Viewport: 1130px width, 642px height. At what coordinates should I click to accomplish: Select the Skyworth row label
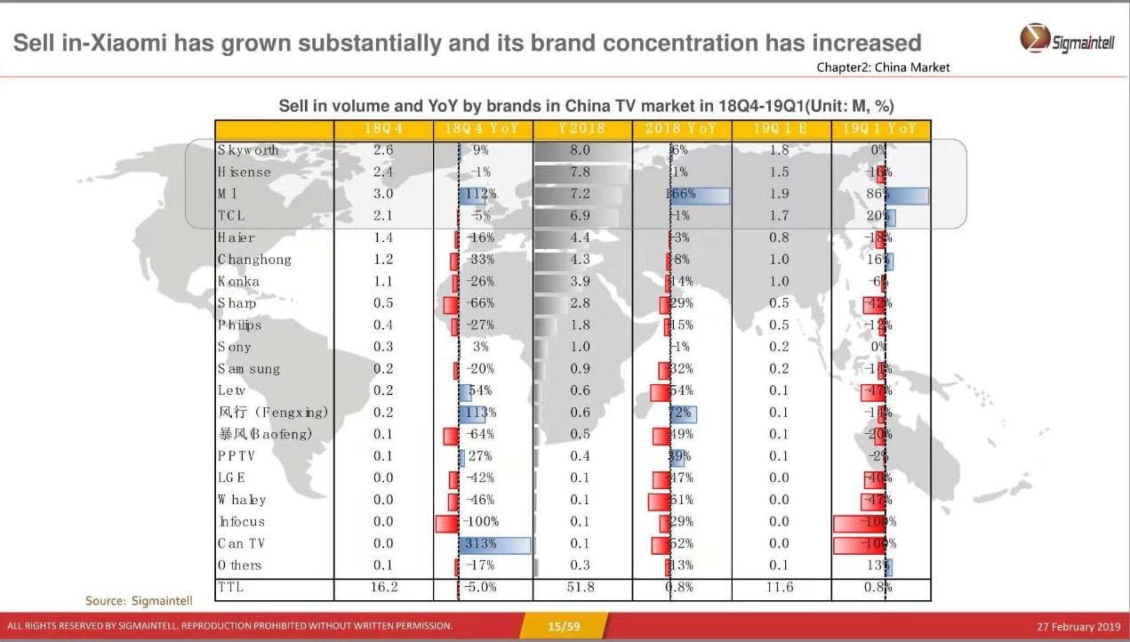(248, 150)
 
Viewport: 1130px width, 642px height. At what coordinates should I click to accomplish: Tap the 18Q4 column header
(383, 129)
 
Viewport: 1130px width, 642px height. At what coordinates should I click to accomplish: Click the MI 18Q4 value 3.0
(383, 194)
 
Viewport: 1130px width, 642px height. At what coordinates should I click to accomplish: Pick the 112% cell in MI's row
(480, 194)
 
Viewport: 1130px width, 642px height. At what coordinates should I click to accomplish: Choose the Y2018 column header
(581, 129)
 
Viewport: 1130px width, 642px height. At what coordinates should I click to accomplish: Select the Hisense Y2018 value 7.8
(580, 173)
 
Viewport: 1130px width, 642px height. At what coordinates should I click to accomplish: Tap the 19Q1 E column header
(779, 129)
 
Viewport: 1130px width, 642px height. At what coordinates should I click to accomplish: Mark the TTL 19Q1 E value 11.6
(779, 588)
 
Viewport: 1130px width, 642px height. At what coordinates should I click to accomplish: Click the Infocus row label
(242, 522)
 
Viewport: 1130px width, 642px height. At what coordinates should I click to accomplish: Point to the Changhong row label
(254, 260)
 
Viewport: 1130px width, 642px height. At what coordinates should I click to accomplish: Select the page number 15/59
(564, 627)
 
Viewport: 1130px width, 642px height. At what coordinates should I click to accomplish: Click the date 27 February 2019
(1077, 627)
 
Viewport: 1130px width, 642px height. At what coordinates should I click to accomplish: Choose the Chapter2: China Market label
(883, 68)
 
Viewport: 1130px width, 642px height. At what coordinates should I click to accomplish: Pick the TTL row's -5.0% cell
(480, 588)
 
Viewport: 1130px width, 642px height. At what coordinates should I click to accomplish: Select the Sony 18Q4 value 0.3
(383, 347)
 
